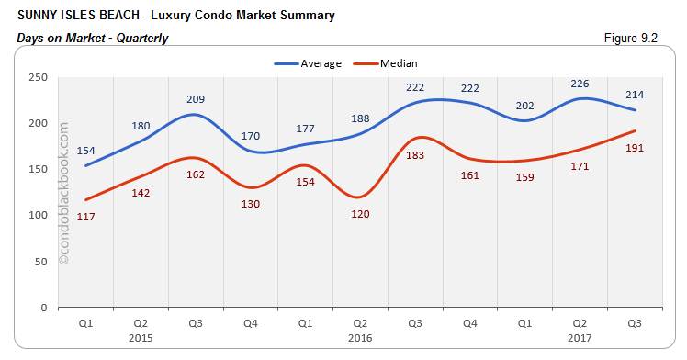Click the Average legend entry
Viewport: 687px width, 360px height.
tap(309, 63)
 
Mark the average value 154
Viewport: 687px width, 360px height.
tap(85, 150)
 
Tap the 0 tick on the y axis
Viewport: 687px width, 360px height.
tap(44, 308)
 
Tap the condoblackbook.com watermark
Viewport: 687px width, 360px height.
tap(63, 194)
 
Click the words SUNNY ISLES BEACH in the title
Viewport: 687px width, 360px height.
tap(70, 16)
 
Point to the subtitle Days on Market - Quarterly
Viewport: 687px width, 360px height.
tap(92, 38)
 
